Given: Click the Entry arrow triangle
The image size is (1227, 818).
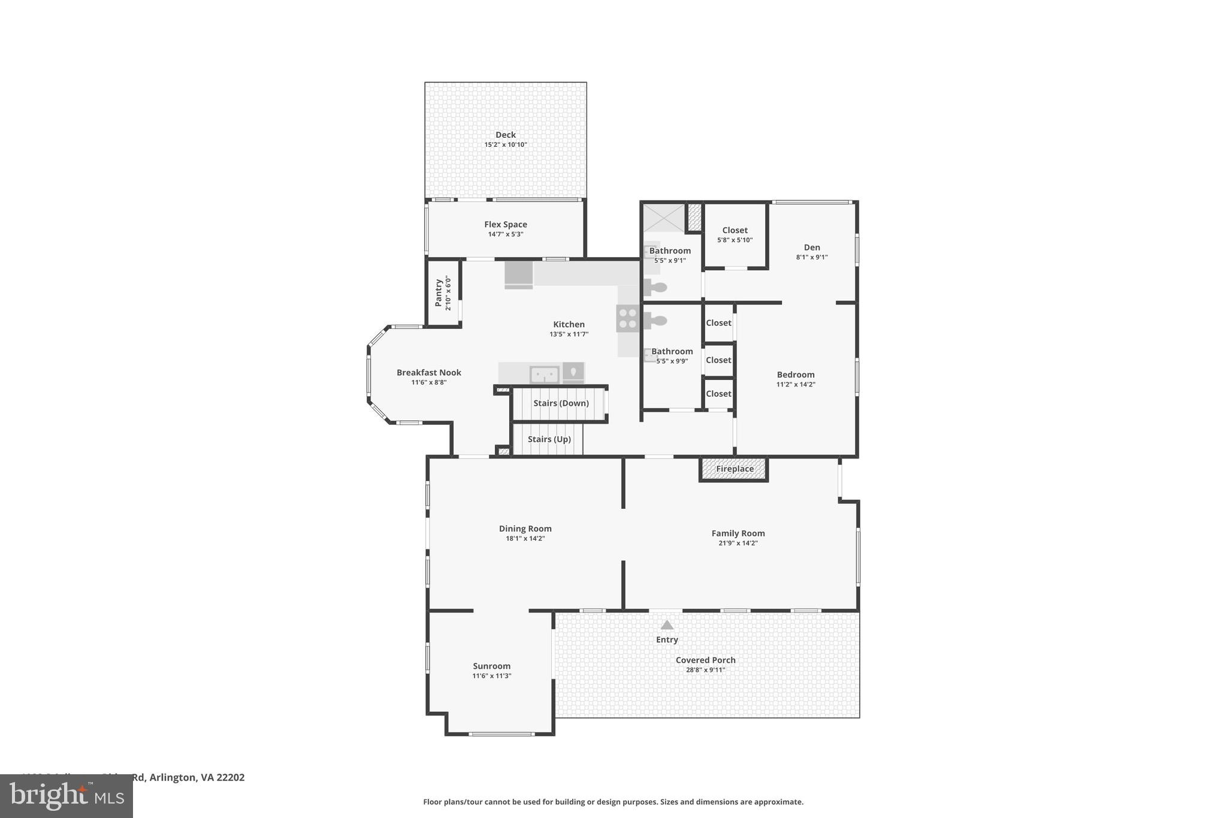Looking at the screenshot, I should tap(667, 625).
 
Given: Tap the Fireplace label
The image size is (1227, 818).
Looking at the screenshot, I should tap(735, 469).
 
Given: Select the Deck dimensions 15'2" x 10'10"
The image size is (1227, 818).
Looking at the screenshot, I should tap(506, 144).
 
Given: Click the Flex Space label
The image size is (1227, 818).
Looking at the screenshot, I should tap(506, 225).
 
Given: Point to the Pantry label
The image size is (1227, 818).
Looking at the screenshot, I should tap(439, 291).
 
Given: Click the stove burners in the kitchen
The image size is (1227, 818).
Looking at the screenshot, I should tap(628, 318).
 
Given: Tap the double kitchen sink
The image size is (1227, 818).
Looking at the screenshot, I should tap(544, 375).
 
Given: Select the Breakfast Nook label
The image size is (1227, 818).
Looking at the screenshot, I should tap(429, 373).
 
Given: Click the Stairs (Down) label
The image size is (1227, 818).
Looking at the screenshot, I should tap(561, 403).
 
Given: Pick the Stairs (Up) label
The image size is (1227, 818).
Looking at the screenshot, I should tap(549, 439).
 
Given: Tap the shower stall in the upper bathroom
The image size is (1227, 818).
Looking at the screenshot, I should tap(663, 218).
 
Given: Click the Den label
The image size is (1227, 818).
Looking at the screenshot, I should tap(812, 247).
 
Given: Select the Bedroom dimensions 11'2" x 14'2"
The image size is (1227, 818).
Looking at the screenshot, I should tap(796, 385).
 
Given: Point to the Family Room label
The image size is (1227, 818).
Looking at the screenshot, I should tap(738, 533).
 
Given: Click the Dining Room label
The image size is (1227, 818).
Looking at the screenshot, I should tap(525, 529).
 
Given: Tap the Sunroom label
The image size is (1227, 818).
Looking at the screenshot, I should tap(491, 666).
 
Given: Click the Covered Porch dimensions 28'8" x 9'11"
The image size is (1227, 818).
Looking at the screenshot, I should tap(705, 670).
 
